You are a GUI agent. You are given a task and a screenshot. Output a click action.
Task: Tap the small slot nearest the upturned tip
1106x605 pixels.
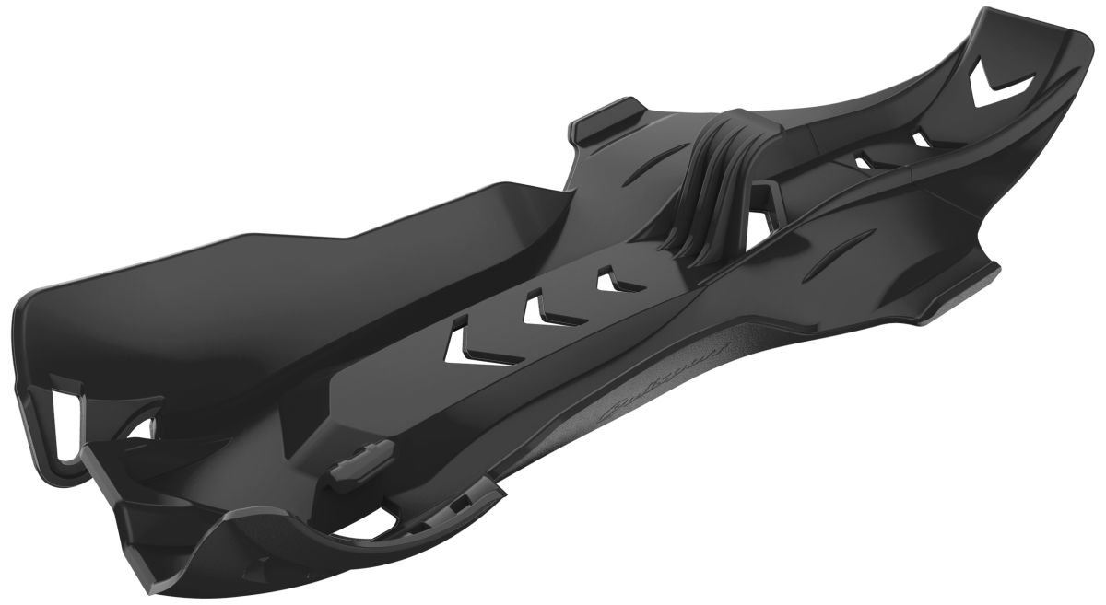point(921,139)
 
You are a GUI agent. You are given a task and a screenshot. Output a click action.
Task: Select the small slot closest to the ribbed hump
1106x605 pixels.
point(863,161)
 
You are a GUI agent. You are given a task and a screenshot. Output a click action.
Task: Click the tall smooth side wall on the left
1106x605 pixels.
point(276,267)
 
